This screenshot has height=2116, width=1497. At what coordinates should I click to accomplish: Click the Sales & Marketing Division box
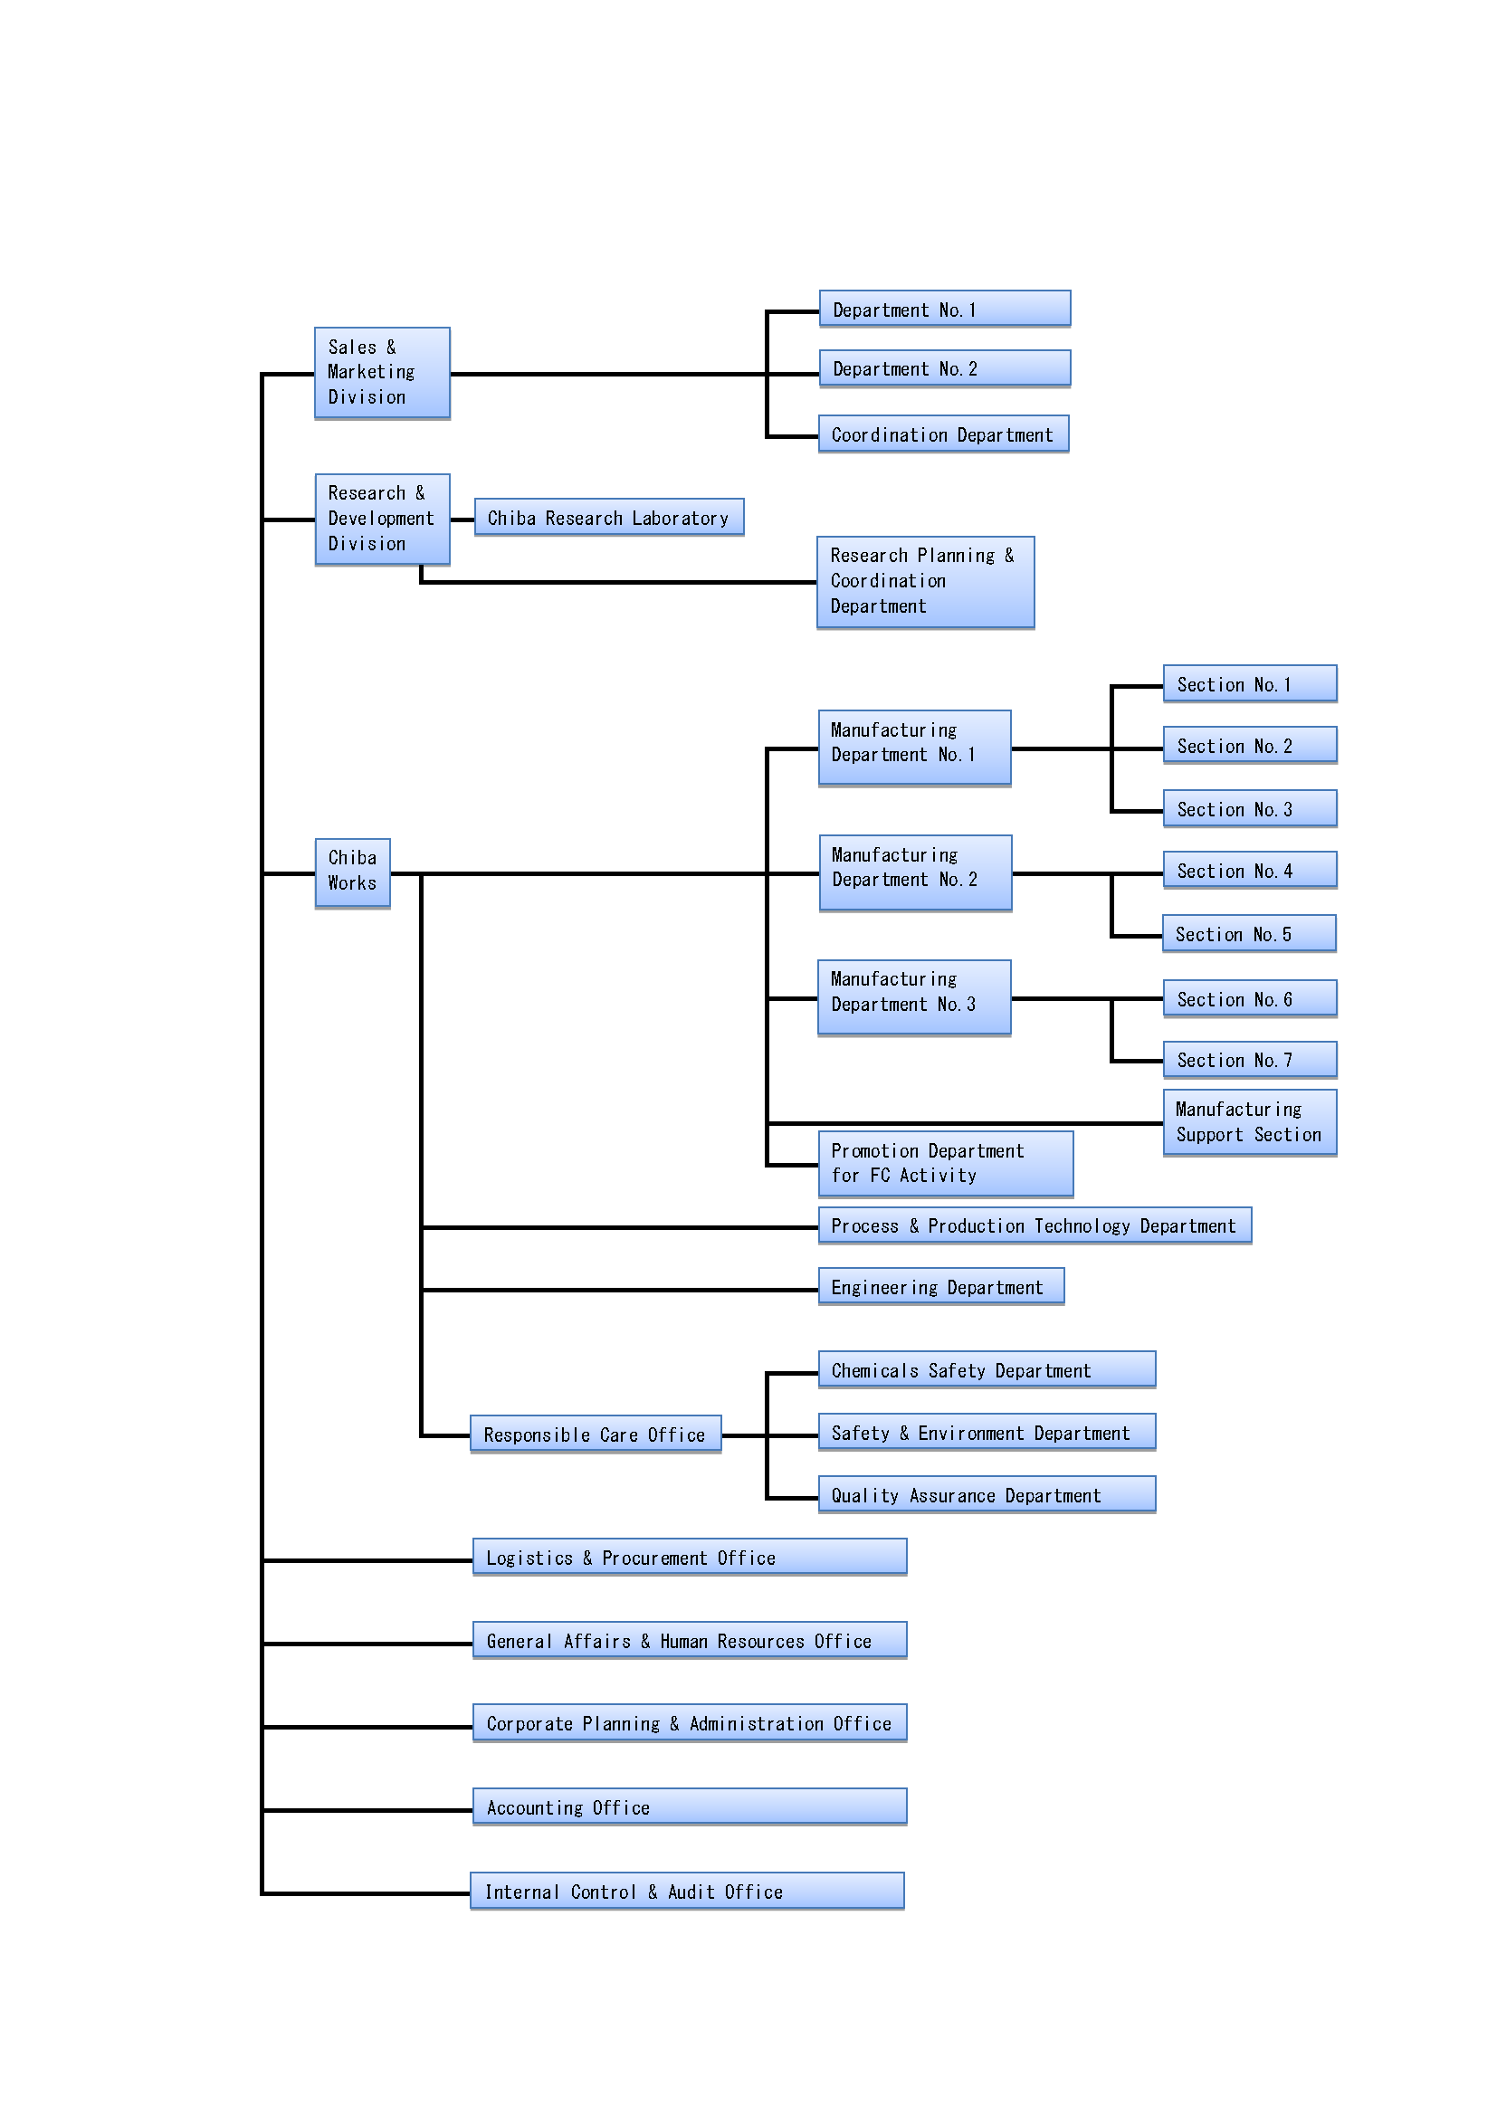(383, 373)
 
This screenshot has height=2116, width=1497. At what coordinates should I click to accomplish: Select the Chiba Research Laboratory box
(609, 517)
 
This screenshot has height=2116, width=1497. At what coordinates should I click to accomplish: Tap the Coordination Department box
(944, 434)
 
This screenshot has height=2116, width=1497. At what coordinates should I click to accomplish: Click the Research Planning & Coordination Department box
(926, 583)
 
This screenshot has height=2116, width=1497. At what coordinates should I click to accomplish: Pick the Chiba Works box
(352, 872)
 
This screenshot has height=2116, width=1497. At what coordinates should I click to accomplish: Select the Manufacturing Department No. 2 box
(915, 872)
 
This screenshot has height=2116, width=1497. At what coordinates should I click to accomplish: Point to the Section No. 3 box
(1250, 808)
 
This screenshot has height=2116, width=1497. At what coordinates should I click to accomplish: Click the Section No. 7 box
(1250, 1060)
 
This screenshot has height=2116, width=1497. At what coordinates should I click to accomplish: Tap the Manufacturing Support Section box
(1250, 1122)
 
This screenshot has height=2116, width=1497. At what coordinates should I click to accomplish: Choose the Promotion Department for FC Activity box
(946, 1164)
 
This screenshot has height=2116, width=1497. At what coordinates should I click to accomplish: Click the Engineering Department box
(941, 1287)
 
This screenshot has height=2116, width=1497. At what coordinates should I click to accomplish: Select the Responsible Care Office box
(596, 1434)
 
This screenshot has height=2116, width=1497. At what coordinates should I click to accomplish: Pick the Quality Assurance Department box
(987, 1495)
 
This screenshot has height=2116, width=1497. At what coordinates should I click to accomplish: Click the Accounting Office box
(690, 1806)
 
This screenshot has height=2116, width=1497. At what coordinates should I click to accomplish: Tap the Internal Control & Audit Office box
(687, 1891)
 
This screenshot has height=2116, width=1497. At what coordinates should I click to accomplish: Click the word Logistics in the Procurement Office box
(529, 1558)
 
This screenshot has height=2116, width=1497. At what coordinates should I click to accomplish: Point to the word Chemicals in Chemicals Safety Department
(875, 1370)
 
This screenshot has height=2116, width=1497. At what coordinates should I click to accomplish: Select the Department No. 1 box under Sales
(945, 309)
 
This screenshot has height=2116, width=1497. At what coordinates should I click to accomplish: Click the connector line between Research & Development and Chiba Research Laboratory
(462, 519)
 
